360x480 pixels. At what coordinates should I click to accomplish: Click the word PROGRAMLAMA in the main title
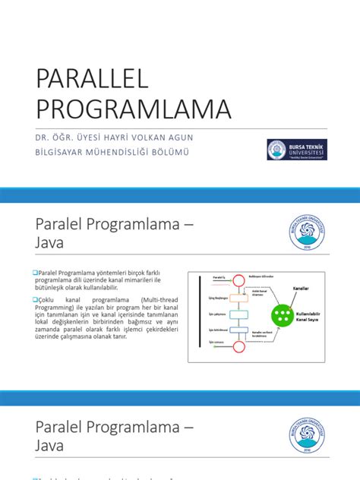click(x=133, y=109)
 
